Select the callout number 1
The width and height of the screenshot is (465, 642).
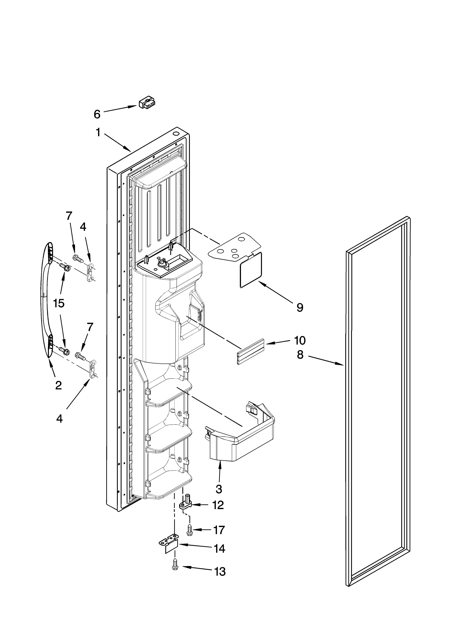(98, 132)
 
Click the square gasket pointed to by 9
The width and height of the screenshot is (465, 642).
(251, 270)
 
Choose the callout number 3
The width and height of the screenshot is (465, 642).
(219, 489)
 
